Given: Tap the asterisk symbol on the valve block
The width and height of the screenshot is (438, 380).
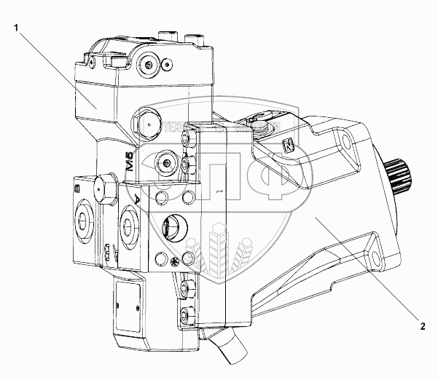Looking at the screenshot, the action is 174,261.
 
